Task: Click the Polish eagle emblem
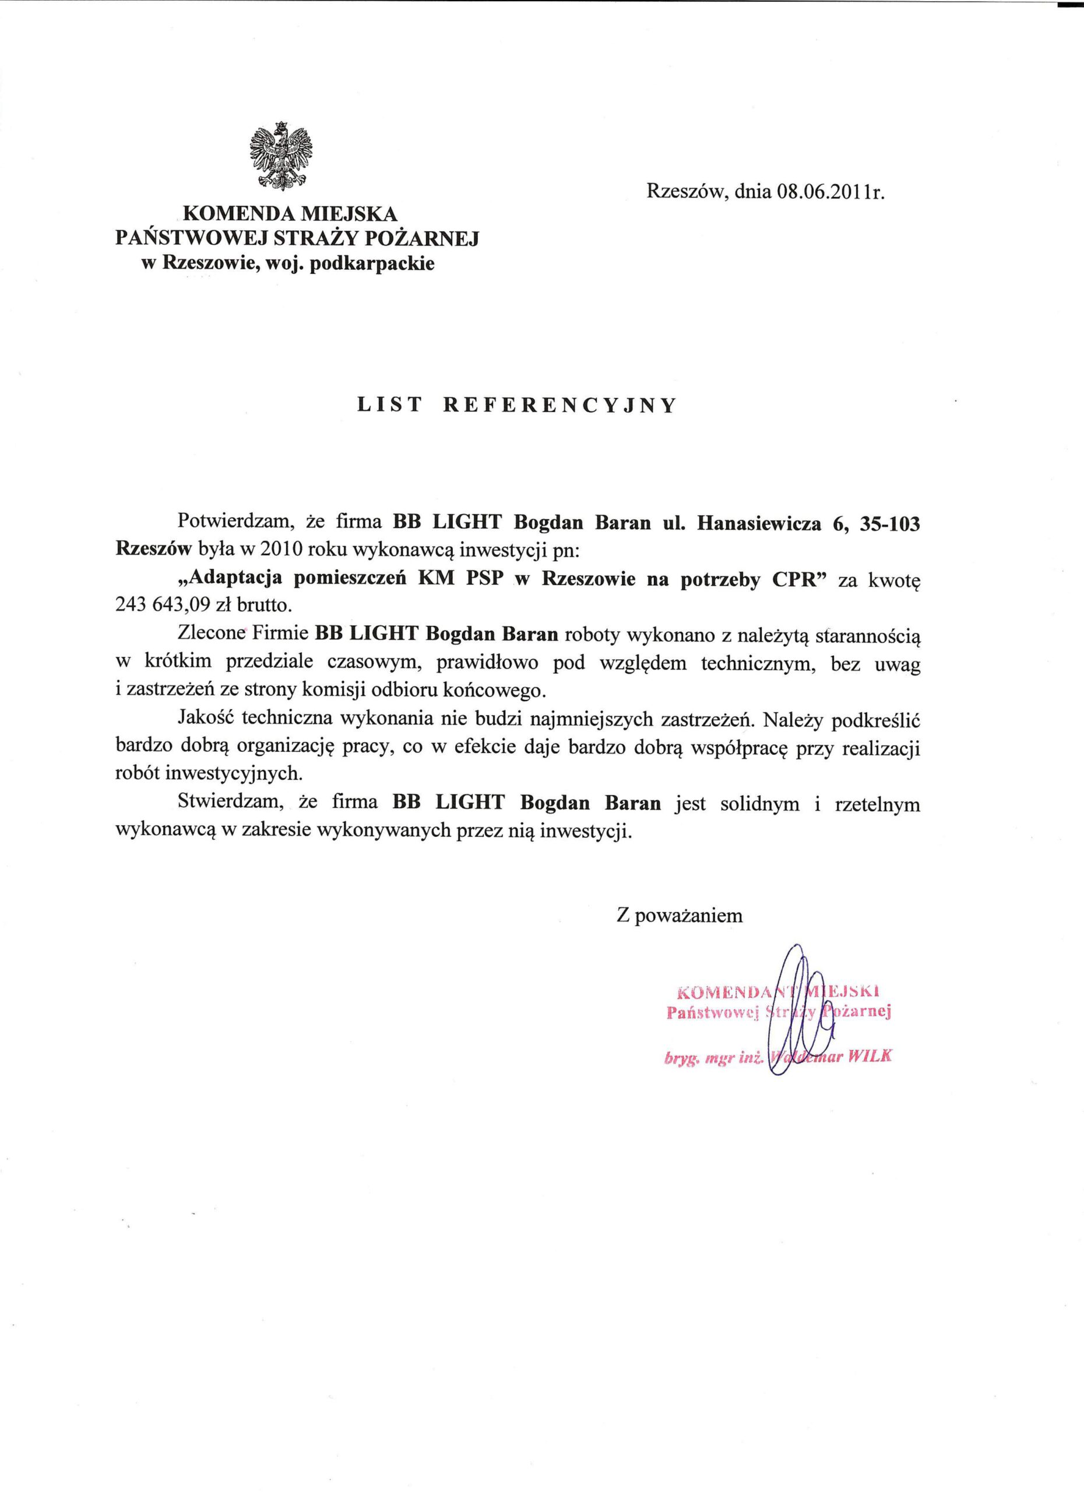tap(282, 156)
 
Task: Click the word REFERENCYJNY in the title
tap(559, 405)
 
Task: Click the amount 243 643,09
tap(162, 605)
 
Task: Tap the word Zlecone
tap(211, 634)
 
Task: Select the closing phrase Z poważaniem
tap(680, 916)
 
